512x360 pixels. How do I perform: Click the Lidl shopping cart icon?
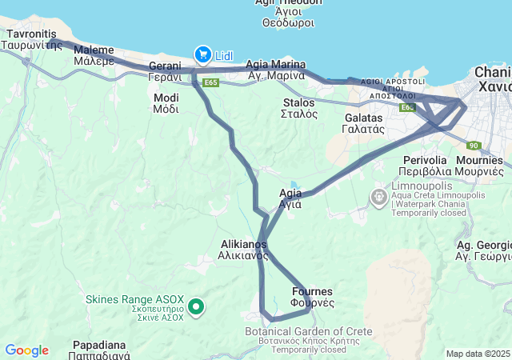coord(202,54)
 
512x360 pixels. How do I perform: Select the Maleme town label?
coord(94,54)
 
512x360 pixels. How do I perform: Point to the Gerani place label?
coord(165,71)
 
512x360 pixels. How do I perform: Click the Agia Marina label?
coord(276,70)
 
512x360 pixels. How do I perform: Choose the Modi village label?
coord(166,102)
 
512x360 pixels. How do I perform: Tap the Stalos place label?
coord(300,108)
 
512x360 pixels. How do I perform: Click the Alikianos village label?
coord(242,250)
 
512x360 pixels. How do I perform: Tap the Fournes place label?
coord(313,298)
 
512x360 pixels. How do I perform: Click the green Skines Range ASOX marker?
coord(195,306)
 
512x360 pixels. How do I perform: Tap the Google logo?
coord(26,350)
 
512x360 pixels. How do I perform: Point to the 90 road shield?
coord(474,145)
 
